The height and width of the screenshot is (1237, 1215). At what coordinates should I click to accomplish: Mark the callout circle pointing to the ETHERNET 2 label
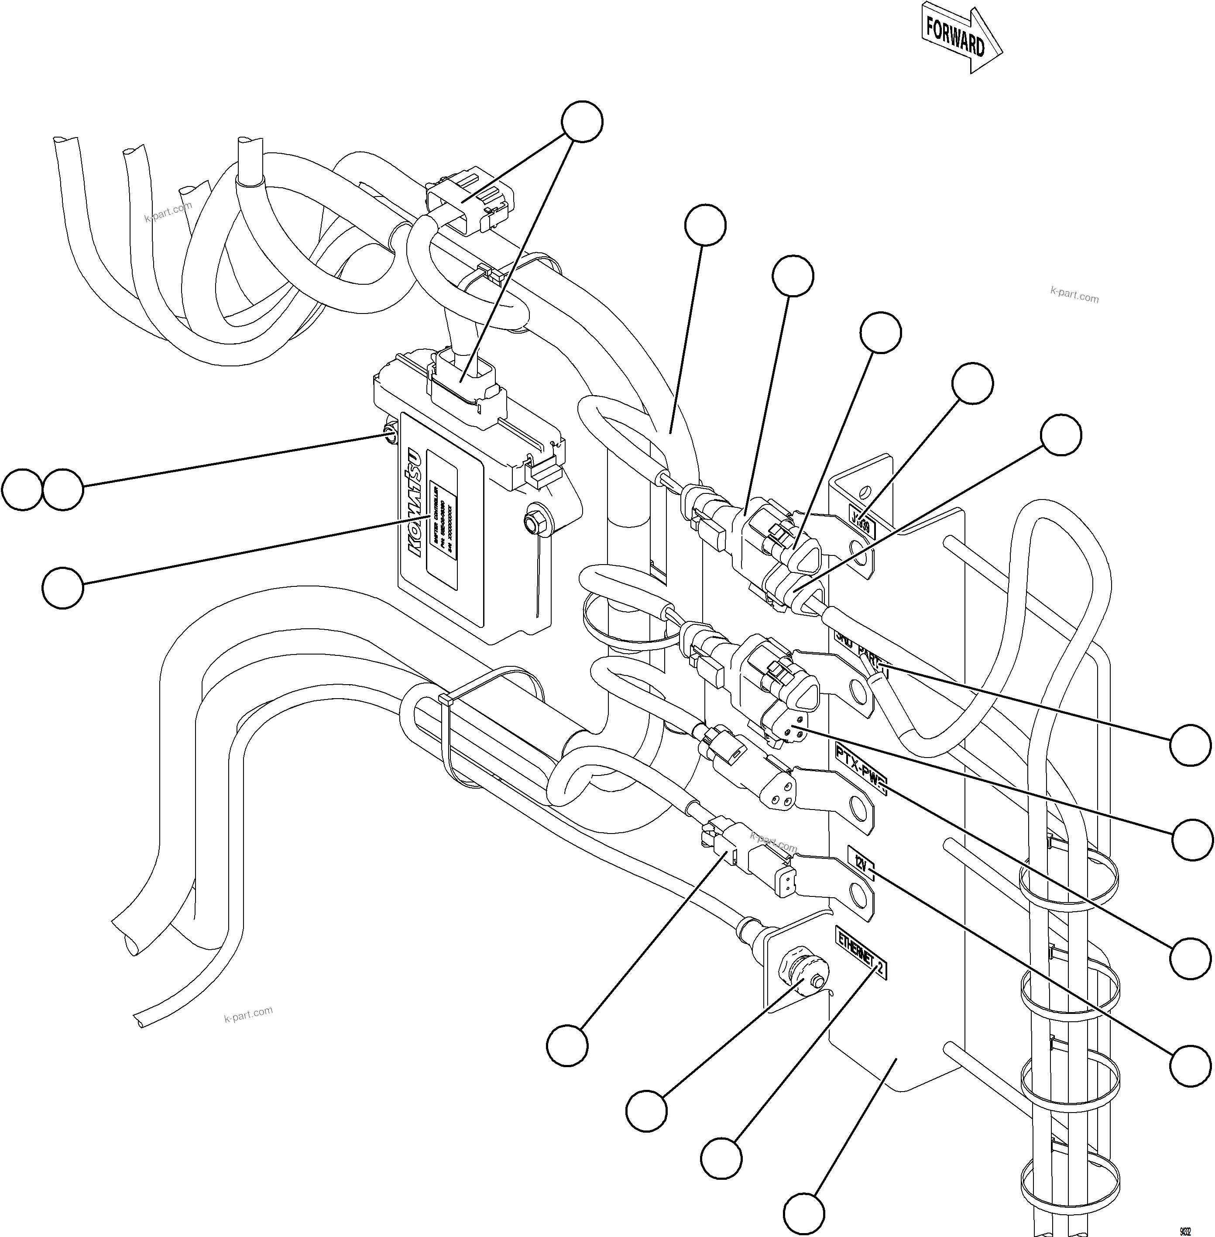(x=721, y=1157)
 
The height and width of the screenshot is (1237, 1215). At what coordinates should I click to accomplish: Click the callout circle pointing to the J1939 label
(x=972, y=383)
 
